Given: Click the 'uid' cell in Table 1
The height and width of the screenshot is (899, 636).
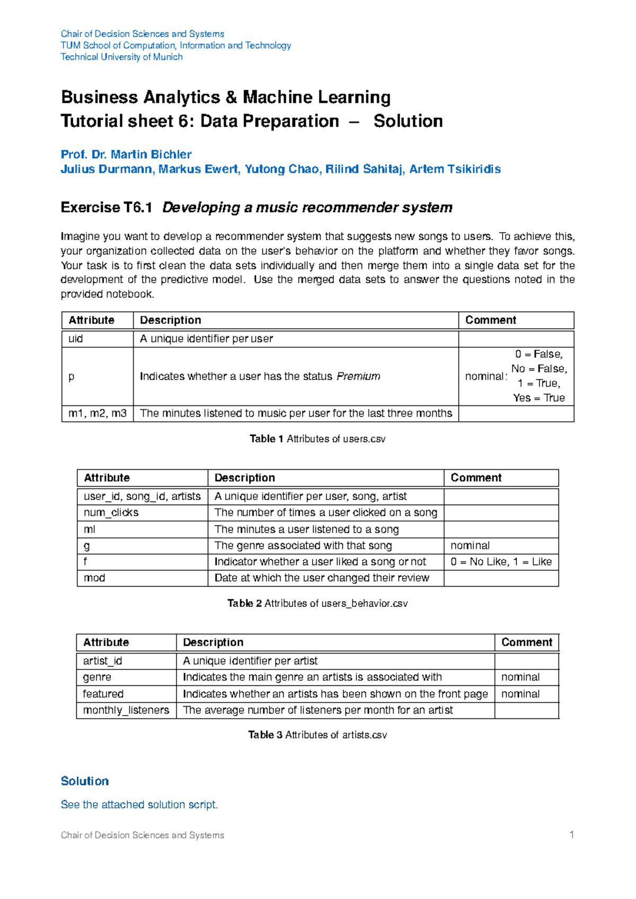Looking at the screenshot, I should coord(76,339).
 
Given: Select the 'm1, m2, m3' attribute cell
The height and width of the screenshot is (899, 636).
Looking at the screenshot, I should coord(98,413).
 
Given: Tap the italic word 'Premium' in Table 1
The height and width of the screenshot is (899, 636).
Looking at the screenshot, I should coord(358,376).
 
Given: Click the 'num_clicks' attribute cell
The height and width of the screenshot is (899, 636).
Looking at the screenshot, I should coord(111,513).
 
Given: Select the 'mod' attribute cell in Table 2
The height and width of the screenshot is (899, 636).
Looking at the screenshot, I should coord(94,578).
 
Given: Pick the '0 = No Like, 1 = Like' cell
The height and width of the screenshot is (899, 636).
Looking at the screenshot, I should coord(501,561).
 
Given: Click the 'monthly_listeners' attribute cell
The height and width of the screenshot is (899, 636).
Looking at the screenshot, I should coord(126,710).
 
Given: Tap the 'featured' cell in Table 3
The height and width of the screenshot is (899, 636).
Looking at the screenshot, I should coord(103,694).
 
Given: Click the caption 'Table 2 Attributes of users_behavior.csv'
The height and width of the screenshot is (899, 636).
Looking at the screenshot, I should coord(317,603).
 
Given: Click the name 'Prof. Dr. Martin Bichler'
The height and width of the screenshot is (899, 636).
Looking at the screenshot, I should coord(126,154).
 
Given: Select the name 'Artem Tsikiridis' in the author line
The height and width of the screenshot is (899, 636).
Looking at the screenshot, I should coord(455,169).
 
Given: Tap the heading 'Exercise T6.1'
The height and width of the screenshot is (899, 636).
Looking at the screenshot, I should coord(107,207).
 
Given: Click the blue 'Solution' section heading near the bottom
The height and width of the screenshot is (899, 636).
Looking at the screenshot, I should coord(85,781).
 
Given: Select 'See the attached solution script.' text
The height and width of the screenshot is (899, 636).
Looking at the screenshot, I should coord(139,805).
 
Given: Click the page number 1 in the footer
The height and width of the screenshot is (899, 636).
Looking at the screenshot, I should coord(571,835).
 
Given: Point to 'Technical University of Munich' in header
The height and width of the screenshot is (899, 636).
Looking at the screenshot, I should coord(121,57).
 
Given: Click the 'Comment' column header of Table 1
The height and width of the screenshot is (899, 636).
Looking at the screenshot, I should coord(490,320).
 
